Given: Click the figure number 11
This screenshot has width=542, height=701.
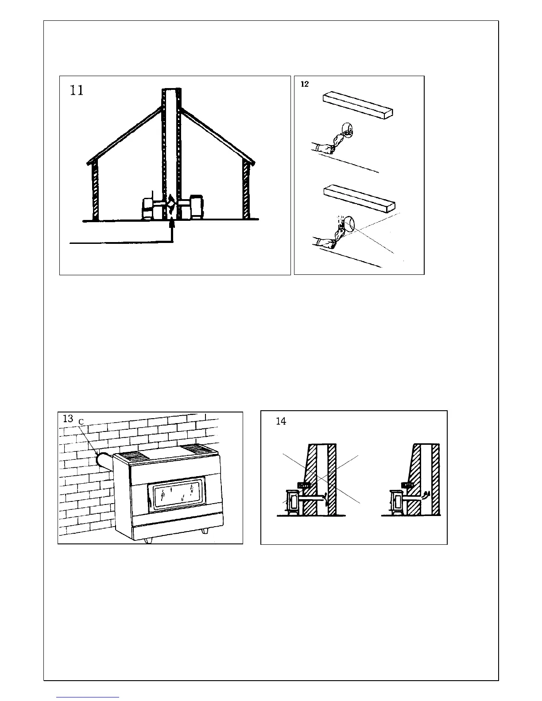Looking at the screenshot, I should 77,91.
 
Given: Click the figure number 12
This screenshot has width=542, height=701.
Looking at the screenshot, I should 305,84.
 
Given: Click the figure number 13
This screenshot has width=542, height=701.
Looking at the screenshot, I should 68,419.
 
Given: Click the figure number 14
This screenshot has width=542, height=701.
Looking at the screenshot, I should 281,421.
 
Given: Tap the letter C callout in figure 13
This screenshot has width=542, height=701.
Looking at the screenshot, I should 81,423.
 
